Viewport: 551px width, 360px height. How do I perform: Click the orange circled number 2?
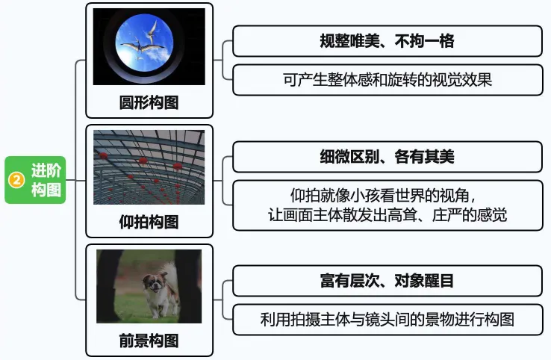pyautogui.click(x=16, y=180)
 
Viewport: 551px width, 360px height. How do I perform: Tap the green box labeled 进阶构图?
pyautogui.click(x=35, y=180)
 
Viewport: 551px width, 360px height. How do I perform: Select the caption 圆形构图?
pyautogui.click(x=149, y=102)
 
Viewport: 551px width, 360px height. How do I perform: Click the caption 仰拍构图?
pyautogui.click(x=149, y=222)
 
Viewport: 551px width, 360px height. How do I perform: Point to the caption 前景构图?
pyautogui.click(x=149, y=341)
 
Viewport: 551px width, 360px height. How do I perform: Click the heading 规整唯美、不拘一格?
pyautogui.click(x=387, y=41)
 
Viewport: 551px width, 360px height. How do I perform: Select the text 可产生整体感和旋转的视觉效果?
pyautogui.click(x=387, y=80)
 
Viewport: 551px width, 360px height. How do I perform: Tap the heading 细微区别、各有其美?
pyautogui.click(x=387, y=157)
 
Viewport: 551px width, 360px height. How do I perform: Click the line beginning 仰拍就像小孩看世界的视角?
pyautogui.click(x=384, y=196)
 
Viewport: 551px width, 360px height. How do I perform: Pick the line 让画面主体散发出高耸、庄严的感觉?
pyautogui.click(x=387, y=215)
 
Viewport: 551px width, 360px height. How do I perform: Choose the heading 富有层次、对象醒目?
pyautogui.click(x=387, y=281)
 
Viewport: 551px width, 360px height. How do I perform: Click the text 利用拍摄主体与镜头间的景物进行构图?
pyautogui.click(x=387, y=320)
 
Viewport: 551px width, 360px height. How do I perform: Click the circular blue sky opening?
pyautogui.click(x=144, y=42)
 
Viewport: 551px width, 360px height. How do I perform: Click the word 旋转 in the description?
pyautogui.click(x=402, y=80)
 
